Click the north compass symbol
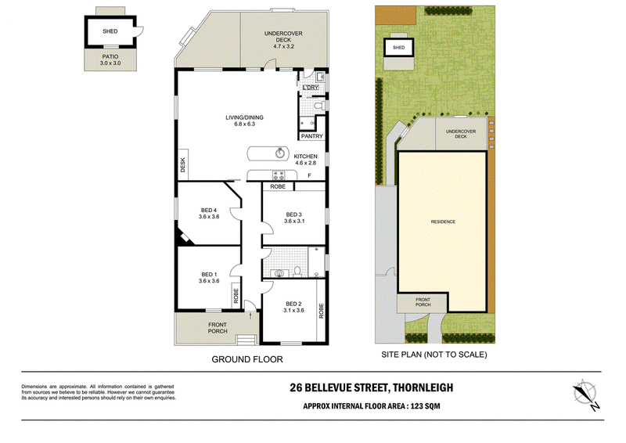click(x=586, y=394)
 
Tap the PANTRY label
click(x=311, y=136)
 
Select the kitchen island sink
click(x=280, y=153)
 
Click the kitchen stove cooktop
click(x=279, y=175)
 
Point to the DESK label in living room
click(x=183, y=165)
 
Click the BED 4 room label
click(x=209, y=210)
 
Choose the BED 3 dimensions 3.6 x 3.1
click(x=294, y=221)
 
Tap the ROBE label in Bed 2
click(x=321, y=311)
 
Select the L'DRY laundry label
click(x=311, y=88)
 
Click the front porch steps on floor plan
click(x=246, y=339)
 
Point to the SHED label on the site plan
click(x=398, y=48)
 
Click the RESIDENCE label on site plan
click(x=443, y=221)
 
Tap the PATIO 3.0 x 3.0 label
click(x=110, y=60)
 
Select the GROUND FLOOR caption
click(x=247, y=359)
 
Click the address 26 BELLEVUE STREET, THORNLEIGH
click(x=372, y=387)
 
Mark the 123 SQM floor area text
click(x=425, y=406)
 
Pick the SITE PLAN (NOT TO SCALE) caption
click(x=434, y=355)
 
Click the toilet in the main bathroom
click(x=297, y=272)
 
